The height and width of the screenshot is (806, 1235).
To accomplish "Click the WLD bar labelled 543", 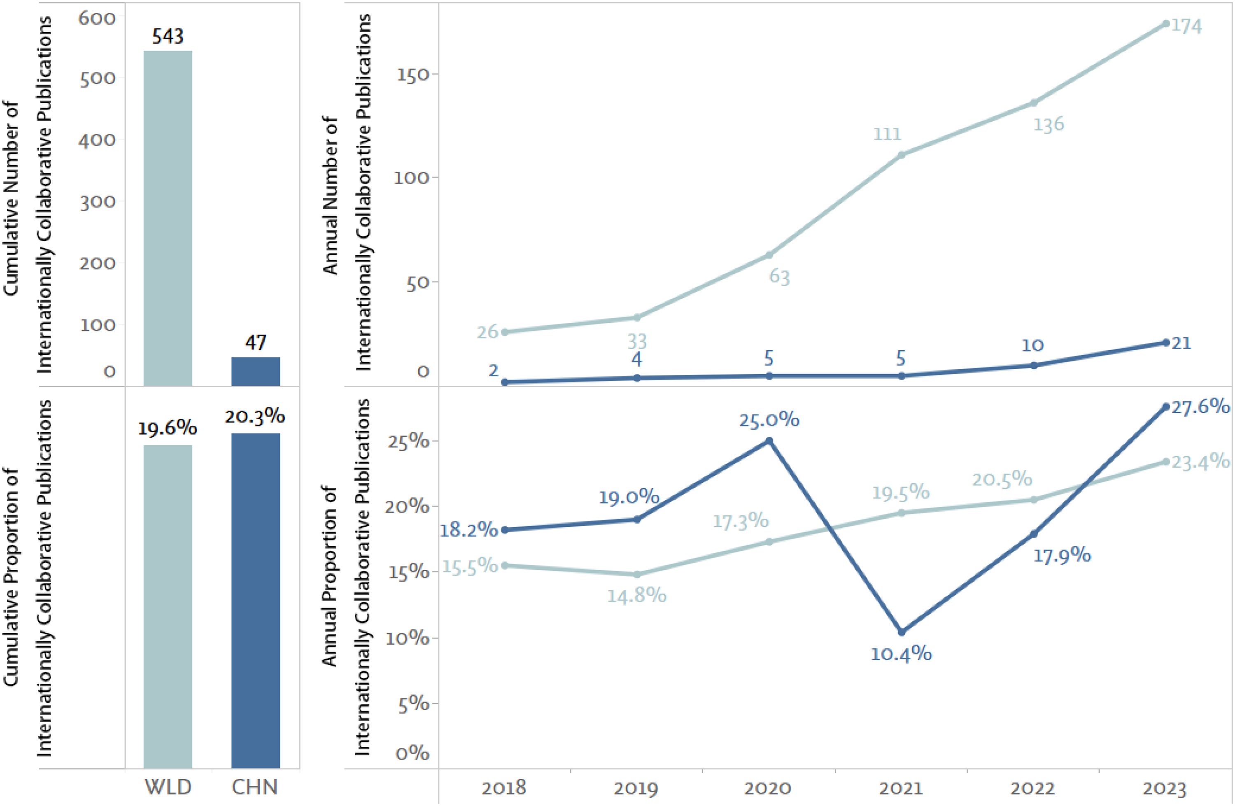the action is click(x=168, y=218).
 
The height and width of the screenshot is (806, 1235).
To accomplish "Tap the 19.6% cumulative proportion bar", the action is click(x=168, y=606).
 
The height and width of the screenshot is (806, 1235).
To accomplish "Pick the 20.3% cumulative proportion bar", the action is click(x=255, y=601).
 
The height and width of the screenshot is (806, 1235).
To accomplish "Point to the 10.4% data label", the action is click(x=901, y=653).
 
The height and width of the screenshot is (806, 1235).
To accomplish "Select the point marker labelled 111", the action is click(x=901, y=155).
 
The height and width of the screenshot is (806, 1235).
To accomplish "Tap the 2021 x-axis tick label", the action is click(x=901, y=788).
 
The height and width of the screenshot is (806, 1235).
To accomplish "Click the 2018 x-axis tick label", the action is click(x=504, y=788).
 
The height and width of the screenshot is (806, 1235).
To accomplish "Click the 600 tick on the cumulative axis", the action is click(x=97, y=18).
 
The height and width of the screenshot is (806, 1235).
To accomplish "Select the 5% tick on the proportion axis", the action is click(x=414, y=704).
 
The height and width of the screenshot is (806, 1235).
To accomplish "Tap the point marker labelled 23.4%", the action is click(x=1166, y=462).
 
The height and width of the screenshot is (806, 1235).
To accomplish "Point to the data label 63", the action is click(x=779, y=277).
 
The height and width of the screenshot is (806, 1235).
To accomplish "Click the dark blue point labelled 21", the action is click(x=1166, y=342).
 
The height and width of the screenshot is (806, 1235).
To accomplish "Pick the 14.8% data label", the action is click(x=637, y=595).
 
